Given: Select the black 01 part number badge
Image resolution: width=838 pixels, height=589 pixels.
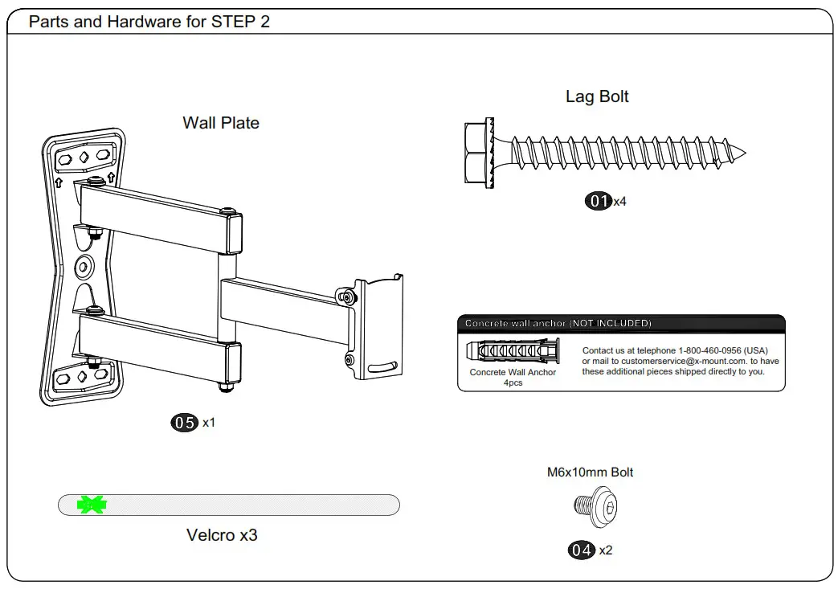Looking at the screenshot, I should (598, 201).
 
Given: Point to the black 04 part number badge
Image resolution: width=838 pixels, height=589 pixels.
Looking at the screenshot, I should (582, 550).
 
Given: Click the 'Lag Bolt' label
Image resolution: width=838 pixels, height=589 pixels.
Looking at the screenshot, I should (597, 96).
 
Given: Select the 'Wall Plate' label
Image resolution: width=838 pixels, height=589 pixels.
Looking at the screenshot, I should (221, 123).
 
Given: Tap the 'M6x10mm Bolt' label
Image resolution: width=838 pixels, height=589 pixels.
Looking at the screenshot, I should (590, 472).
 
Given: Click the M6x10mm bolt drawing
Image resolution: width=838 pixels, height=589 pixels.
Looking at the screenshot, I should (595, 506).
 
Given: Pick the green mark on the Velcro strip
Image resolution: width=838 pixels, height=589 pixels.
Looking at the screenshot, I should (92, 505).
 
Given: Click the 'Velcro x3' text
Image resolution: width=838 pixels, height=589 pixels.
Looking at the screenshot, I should (222, 535).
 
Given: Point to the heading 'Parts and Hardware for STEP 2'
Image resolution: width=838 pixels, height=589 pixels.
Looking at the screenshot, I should (149, 22).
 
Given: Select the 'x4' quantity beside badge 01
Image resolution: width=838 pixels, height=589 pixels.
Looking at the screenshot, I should (619, 202).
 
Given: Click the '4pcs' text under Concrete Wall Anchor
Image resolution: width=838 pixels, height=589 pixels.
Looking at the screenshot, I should (513, 382).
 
